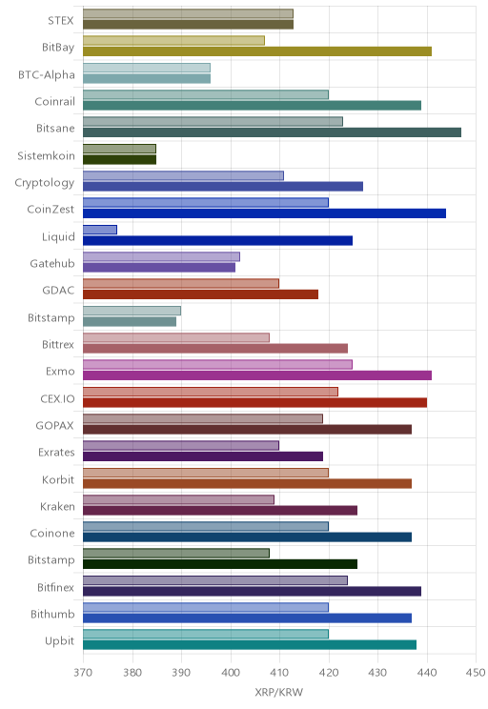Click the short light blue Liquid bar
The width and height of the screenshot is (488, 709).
pos(100,230)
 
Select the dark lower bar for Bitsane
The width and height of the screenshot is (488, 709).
pos(273,132)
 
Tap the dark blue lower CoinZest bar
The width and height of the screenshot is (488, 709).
pos(265,213)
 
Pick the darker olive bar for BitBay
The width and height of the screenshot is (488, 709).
pos(257,51)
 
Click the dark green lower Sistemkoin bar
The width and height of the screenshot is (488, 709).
pos(119,159)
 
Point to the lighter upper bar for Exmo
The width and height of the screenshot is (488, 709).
pos(217,364)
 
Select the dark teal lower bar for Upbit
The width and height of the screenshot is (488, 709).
pos(250,645)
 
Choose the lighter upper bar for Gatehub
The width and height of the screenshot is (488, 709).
pos(161,257)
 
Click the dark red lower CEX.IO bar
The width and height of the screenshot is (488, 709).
pos(255,402)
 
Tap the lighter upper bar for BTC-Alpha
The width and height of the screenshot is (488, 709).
pos(147,68)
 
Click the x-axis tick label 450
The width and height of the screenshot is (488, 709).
pos(476,673)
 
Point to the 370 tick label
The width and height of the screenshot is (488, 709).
pos(83,673)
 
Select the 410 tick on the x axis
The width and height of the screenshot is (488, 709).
pos(279,673)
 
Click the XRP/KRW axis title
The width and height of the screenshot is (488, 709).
pos(279,692)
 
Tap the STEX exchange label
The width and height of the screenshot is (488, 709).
pos(61,21)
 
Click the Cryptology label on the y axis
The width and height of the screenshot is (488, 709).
pos(45,183)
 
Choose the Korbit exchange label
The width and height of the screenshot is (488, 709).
pos(58,479)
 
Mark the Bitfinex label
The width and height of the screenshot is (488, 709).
pos(55,587)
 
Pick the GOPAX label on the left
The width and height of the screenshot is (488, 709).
pos(54,425)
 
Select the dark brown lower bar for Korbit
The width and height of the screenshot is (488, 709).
pos(248,483)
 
